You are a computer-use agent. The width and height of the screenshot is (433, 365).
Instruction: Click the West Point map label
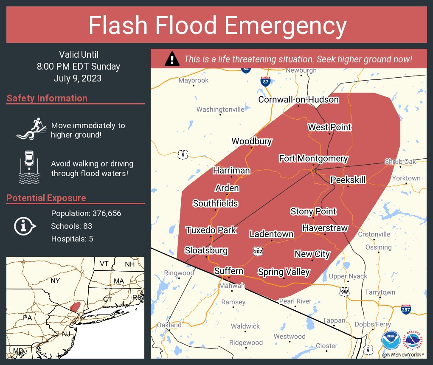[x=329, y=127]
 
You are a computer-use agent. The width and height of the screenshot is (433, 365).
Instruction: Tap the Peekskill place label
[x=348, y=180]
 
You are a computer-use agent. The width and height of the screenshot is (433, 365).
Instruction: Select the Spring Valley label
[x=284, y=272]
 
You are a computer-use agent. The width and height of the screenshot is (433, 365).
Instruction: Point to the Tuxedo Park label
[x=211, y=230]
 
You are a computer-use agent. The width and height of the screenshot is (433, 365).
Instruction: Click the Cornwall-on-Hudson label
[x=298, y=100]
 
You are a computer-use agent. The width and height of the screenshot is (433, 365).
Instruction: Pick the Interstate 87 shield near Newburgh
[x=265, y=81]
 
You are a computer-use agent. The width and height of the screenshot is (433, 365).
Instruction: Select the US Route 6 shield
[x=183, y=154]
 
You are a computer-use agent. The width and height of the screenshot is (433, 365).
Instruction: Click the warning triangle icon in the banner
[x=172, y=59]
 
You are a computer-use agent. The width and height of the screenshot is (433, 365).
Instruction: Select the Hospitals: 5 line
[x=72, y=239]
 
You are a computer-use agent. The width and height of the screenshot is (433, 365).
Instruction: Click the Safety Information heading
[x=47, y=98]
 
